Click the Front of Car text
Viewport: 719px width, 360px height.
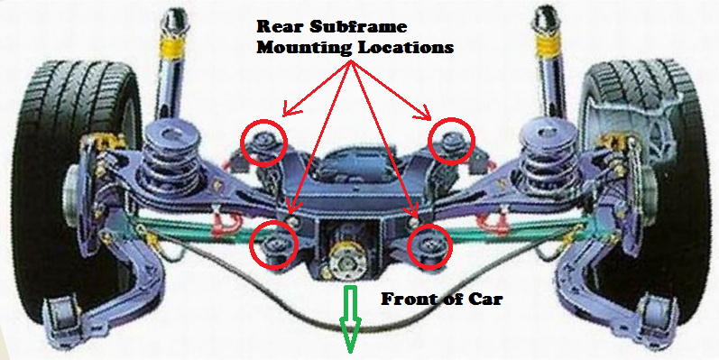coord(441,299)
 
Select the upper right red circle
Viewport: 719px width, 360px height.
coord(449,143)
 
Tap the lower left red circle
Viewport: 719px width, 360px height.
coord(273,245)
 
